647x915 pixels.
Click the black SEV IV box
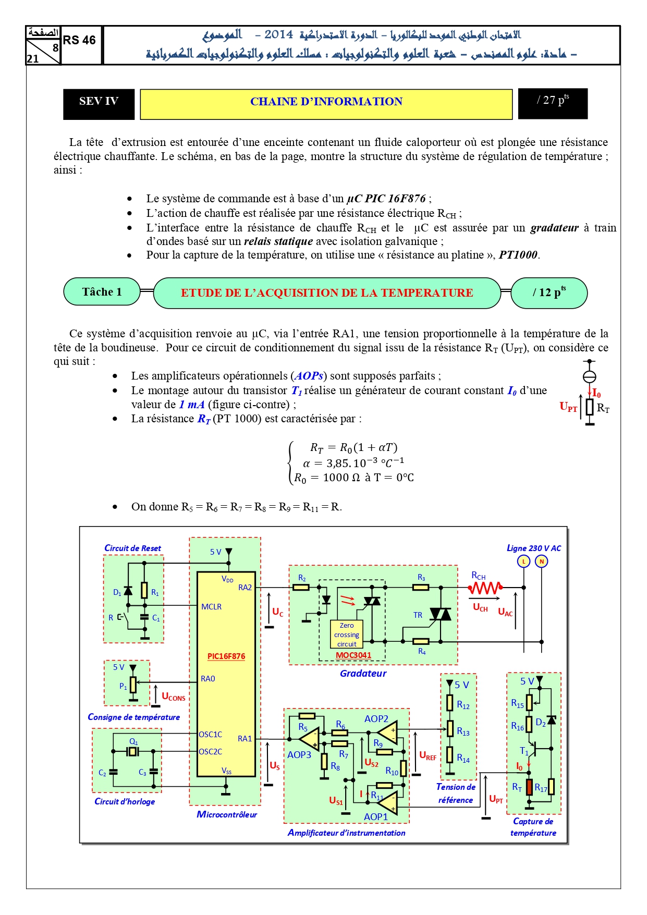click(99, 104)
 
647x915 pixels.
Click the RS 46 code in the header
click(79, 40)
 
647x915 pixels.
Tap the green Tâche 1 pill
click(102, 291)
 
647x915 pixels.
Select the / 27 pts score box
click(553, 104)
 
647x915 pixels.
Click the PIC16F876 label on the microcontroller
click(226, 656)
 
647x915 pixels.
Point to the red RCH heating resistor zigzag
click(485, 588)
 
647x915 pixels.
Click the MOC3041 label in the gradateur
click(353, 655)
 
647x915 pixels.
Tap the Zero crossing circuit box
click(347, 635)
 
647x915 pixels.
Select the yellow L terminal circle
click(523, 561)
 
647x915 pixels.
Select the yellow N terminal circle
click(542, 561)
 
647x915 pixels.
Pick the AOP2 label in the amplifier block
click(376, 719)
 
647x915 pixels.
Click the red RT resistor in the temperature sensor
click(529, 787)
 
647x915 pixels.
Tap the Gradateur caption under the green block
click(363, 673)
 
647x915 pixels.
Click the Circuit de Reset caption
click(133, 548)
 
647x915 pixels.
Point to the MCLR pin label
click(212, 607)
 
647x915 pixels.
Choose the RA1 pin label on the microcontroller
click(245, 738)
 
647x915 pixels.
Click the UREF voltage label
click(428, 756)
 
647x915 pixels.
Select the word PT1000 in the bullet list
click(518, 255)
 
